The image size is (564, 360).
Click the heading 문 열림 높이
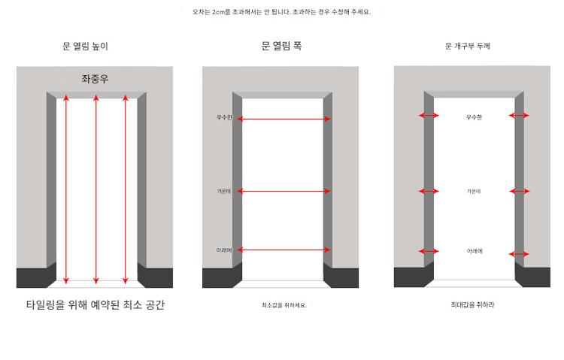85,46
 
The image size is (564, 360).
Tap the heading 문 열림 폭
281,46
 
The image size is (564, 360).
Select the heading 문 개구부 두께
468,46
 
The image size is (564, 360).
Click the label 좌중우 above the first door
95,78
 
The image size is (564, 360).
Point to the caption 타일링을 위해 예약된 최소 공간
96,304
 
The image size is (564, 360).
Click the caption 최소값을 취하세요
284,305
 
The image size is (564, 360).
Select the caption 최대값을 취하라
473,304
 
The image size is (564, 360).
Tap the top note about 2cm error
281,12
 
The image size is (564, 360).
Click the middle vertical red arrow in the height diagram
96,189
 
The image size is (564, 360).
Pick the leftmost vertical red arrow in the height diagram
66,189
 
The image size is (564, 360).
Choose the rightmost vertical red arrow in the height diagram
125,189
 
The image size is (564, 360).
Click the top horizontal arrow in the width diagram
284,119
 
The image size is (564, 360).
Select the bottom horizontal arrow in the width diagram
284,250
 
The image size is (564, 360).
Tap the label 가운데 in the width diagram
223,191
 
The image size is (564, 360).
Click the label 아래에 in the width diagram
224,250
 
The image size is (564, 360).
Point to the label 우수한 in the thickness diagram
474,117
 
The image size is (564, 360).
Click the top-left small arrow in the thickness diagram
429,116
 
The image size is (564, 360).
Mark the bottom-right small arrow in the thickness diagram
519,254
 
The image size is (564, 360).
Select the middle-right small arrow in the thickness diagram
520,191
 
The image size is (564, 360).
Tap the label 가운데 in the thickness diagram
474,191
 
